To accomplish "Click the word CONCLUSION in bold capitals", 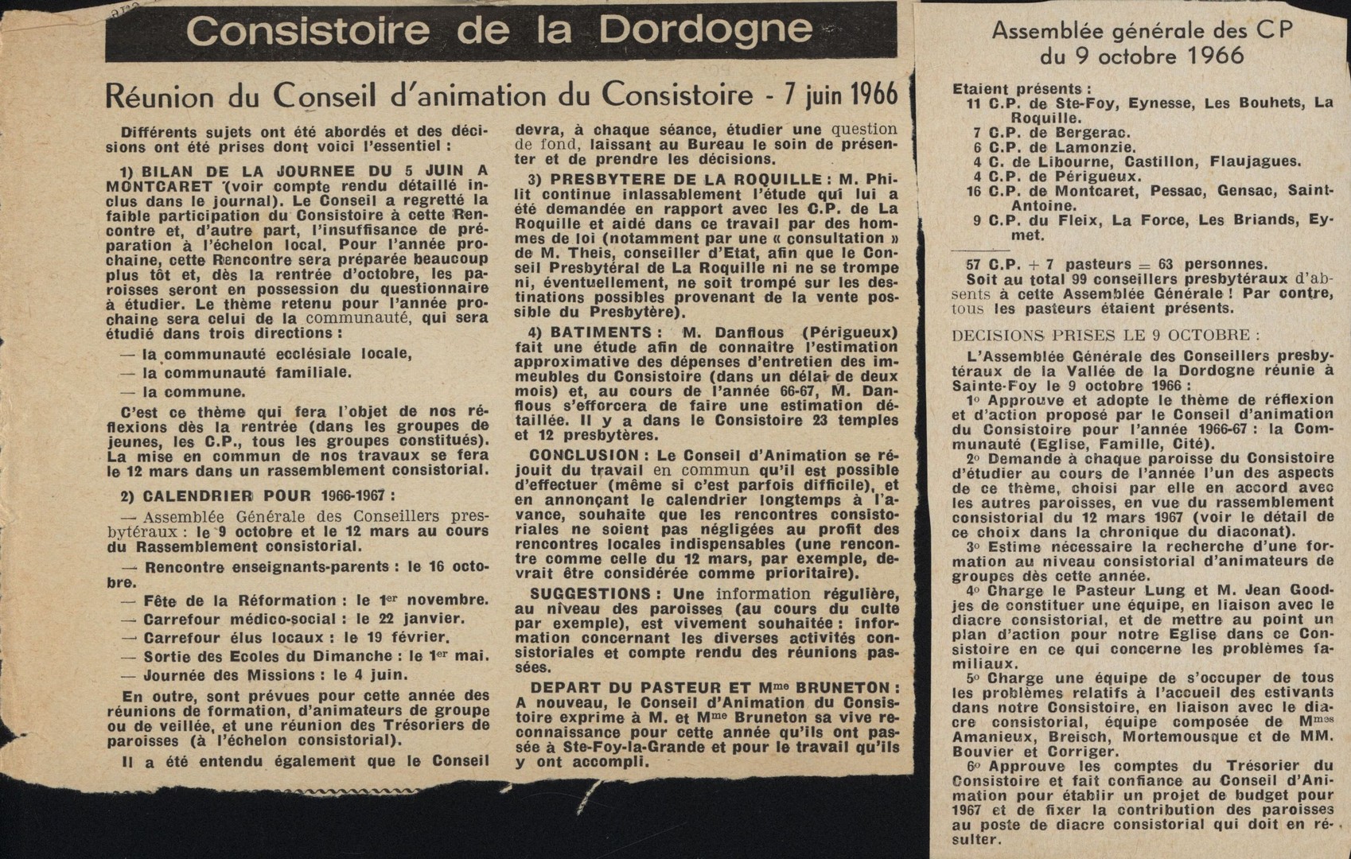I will pos(584,456).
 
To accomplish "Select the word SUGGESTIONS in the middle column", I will pos(590,594).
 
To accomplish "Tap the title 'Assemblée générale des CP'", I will pos(1142,30).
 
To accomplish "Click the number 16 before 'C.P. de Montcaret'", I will pos(974,192).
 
